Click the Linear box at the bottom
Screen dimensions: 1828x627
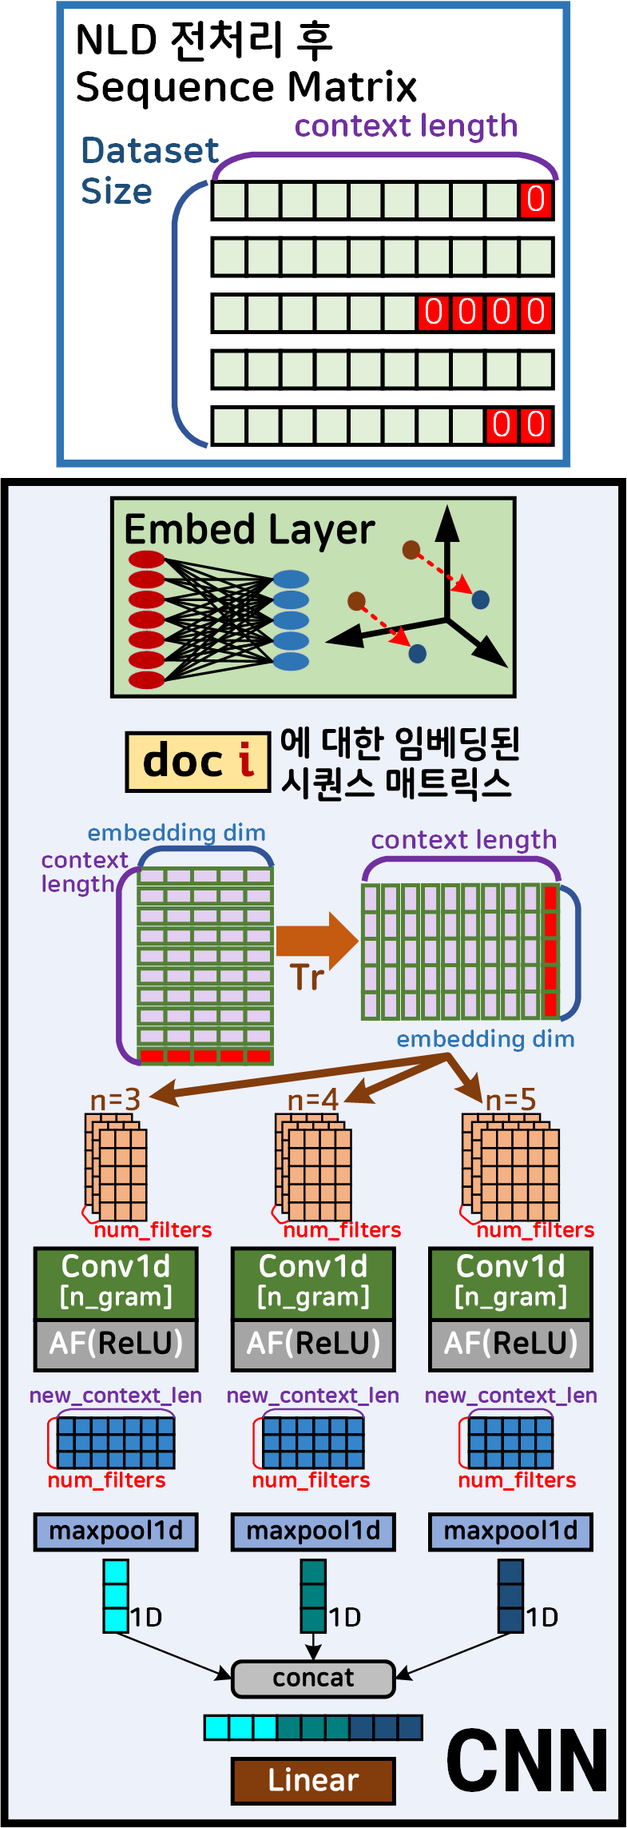pos(313,1780)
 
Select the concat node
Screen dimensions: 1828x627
pos(313,1678)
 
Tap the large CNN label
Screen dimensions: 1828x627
pos(527,1761)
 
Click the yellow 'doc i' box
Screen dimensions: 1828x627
pos(197,762)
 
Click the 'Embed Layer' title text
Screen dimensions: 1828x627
pos(249,530)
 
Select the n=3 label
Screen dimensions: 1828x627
pos(115,1100)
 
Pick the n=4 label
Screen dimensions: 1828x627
pos(312,1100)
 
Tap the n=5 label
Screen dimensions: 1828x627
pos(510,1100)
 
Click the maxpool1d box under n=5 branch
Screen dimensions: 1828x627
pos(510,1531)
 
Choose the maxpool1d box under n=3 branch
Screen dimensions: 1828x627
pos(116,1531)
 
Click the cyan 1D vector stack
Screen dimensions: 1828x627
pos(116,1595)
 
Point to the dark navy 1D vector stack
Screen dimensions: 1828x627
pos(510,1595)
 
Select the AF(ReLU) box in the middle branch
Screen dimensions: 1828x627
pos(313,1343)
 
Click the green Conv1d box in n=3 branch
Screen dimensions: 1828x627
pos(116,1282)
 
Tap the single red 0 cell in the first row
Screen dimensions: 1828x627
pos(535,200)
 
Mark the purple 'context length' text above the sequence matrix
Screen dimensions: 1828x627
pos(406,125)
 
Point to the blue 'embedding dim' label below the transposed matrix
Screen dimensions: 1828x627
pos(486,1038)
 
